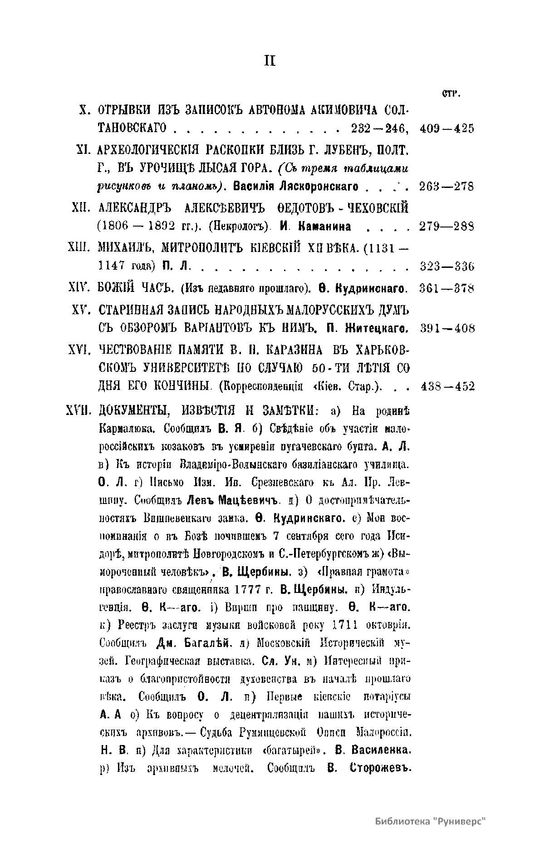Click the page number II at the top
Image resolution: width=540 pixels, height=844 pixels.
click(x=270, y=61)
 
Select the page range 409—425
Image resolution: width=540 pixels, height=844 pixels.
click(x=447, y=128)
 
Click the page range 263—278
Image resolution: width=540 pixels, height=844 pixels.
click(x=447, y=187)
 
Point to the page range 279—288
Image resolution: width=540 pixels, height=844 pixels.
click(x=447, y=226)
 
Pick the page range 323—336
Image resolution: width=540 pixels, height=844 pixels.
click(x=447, y=266)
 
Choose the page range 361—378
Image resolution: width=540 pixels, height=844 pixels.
click(x=447, y=288)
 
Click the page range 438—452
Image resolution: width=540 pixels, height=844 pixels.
click(x=447, y=386)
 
